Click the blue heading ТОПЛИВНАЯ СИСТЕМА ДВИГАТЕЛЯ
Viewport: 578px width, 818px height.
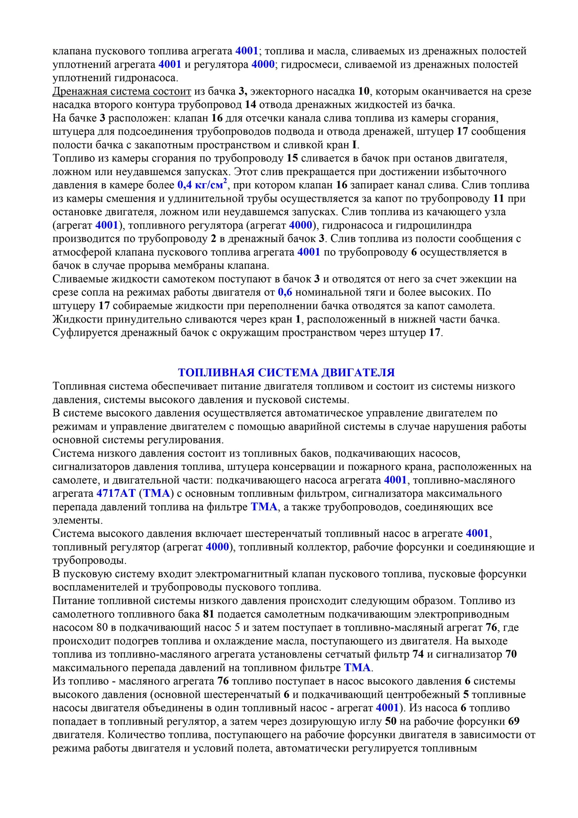point(286,373)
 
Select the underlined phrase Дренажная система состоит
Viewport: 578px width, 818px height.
point(122,91)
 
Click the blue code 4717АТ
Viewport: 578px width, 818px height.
point(116,493)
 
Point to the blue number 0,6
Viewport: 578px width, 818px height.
point(285,292)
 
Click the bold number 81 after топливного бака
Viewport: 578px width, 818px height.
point(209,614)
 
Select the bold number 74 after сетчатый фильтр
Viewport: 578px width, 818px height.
point(418,654)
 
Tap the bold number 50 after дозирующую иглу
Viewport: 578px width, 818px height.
point(391,721)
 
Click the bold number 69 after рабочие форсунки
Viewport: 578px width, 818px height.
point(514,721)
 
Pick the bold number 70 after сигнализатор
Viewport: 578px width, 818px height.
point(511,654)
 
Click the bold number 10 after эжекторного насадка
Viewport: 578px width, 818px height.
point(364,91)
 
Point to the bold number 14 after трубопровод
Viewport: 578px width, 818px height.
point(250,104)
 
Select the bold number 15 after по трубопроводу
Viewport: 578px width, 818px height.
point(292,158)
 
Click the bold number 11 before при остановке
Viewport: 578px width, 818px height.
point(498,199)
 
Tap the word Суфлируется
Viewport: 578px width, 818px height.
point(85,333)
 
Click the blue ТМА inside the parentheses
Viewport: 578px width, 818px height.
point(157,493)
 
